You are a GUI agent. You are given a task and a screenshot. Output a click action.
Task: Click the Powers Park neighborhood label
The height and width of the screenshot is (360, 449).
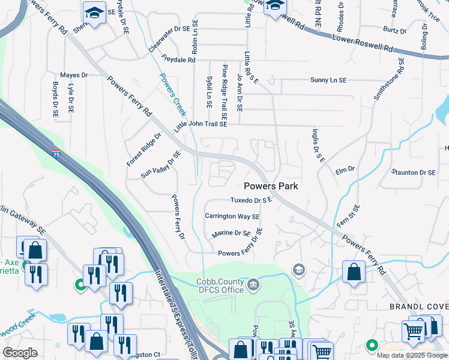(271, 186)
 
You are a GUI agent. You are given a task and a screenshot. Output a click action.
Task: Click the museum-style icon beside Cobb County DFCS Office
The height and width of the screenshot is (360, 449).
(253, 283)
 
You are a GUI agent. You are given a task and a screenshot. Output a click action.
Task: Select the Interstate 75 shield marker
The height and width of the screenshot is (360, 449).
(56, 154)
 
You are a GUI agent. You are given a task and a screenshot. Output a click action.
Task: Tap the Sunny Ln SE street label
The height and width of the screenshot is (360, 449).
(328, 80)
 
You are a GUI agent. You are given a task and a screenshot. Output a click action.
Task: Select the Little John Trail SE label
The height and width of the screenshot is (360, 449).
(200, 125)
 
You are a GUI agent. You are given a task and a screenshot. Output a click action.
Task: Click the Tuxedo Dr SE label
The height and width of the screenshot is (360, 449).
(252, 200)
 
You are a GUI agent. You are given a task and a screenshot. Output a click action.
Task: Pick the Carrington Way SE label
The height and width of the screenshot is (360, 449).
(232, 217)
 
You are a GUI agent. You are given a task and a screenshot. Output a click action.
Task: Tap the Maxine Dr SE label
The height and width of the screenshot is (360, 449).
(231, 233)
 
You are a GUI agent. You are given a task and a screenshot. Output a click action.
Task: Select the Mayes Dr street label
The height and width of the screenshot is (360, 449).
(74, 75)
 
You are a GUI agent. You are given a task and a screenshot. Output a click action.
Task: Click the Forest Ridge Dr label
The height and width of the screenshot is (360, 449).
(144, 150)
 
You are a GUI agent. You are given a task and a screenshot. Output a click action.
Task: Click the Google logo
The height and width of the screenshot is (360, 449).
(20, 353)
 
